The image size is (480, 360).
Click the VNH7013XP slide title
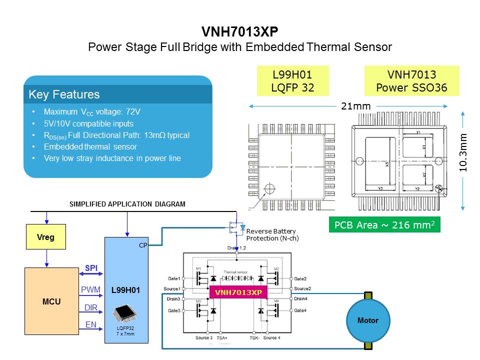coord(239,32)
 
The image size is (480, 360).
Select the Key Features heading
coord(64,94)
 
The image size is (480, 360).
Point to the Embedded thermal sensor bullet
coord(90,147)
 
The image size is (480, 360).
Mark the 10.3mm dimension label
coord(463,153)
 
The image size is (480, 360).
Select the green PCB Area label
coord(384,225)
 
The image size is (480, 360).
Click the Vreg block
coord(46,237)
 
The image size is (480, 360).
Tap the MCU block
coord(51,301)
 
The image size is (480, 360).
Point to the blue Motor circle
coord(368,320)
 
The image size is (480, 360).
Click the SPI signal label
coord(90,268)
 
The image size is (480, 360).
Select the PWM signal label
coord(90,289)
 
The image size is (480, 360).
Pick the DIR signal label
coord(90,307)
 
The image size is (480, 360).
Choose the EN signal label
coord(90,325)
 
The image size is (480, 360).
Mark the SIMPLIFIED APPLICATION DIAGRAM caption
coord(127,204)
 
